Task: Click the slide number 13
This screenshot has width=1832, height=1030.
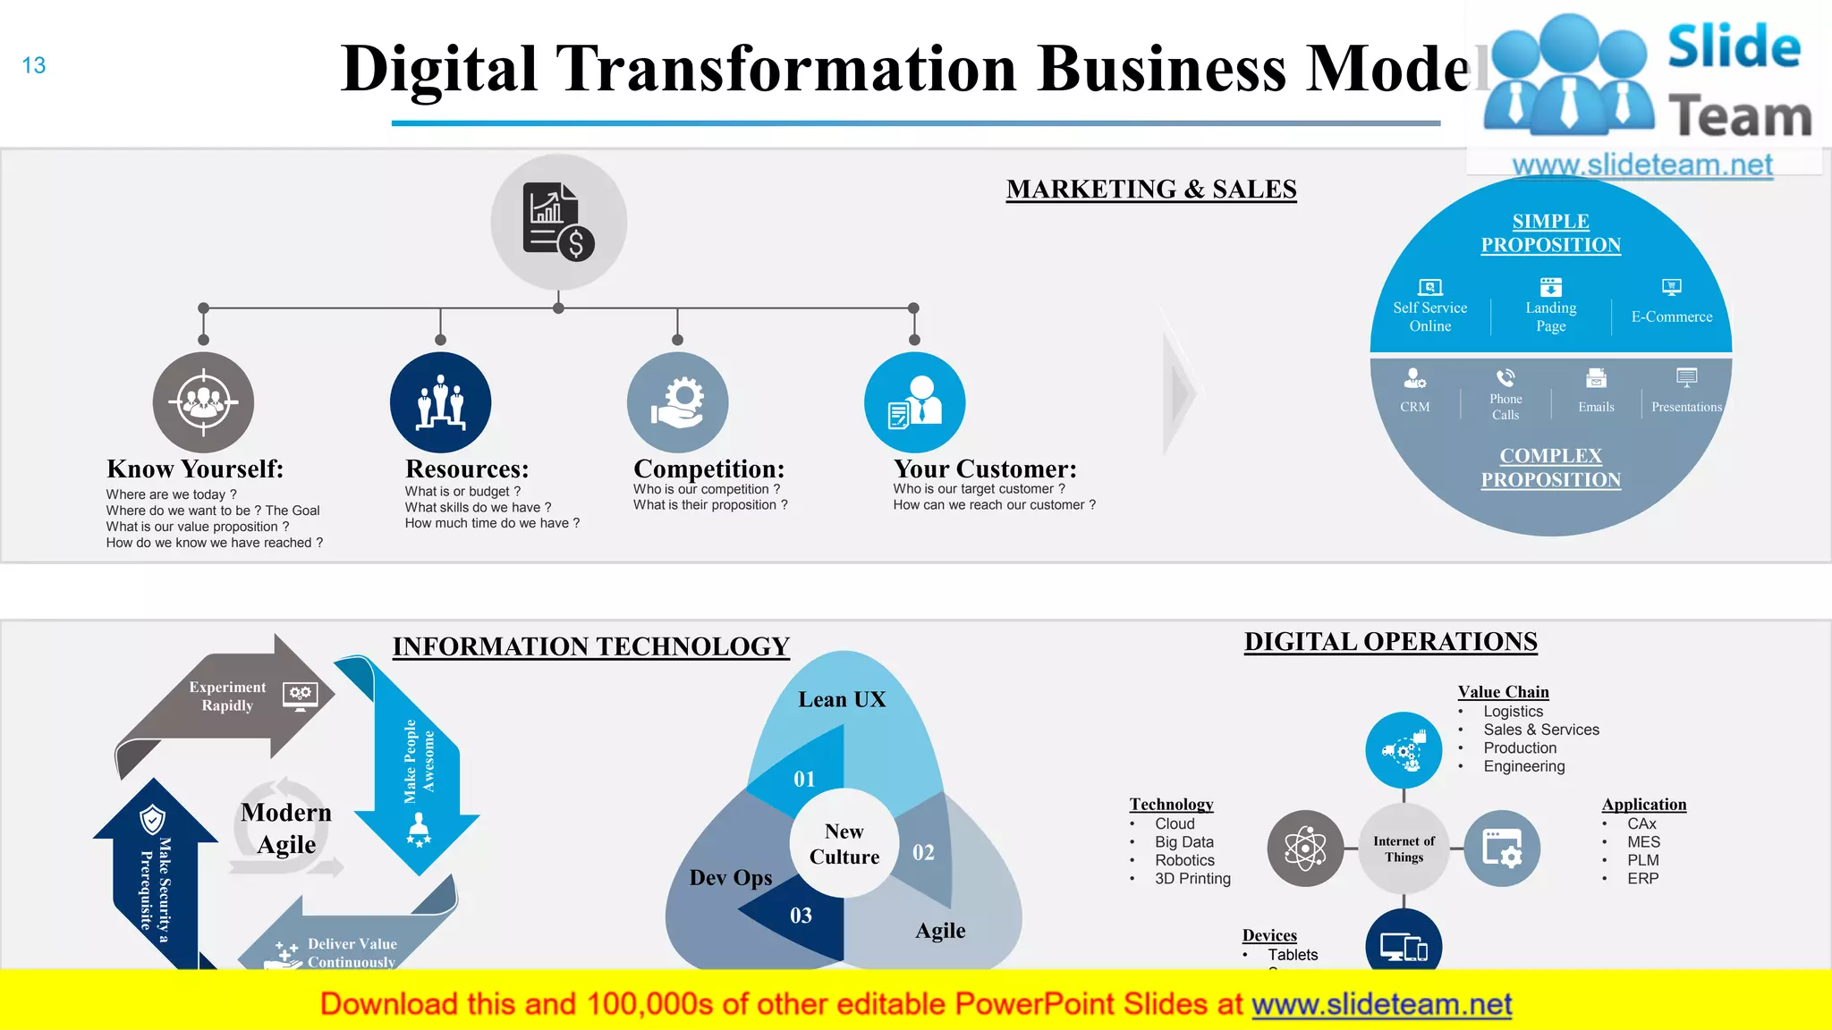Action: (x=34, y=65)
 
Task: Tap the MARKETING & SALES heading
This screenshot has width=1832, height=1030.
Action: (x=1150, y=190)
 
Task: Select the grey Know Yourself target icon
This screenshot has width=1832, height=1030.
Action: (x=203, y=402)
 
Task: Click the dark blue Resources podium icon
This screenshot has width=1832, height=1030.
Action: (x=440, y=402)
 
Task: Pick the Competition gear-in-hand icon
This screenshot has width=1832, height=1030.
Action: (x=677, y=402)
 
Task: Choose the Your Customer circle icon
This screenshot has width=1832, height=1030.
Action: (x=914, y=402)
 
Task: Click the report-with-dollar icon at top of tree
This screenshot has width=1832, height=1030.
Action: (x=558, y=222)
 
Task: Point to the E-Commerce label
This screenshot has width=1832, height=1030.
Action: (x=1671, y=317)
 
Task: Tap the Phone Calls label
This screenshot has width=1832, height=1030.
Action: (x=1505, y=407)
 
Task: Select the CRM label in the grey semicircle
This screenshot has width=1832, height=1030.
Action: (x=1414, y=407)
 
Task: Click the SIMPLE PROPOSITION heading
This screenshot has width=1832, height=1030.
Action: (x=1550, y=233)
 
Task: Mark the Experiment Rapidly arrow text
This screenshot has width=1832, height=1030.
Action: (x=227, y=696)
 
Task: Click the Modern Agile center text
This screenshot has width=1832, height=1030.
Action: (x=286, y=828)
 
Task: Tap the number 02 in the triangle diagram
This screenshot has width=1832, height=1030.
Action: (x=923, y=852)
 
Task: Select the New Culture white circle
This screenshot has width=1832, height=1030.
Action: (x=844, y=844)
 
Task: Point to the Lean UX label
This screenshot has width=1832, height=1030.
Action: (x=842, y=699)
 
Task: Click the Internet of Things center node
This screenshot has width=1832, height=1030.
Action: (x=1404, y=848)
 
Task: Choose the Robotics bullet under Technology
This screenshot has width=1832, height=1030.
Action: (x=1184, y=860)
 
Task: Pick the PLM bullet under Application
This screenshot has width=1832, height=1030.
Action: (x=1642, y=860)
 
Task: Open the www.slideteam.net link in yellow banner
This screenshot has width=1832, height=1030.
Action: (x=1381, y=1004)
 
